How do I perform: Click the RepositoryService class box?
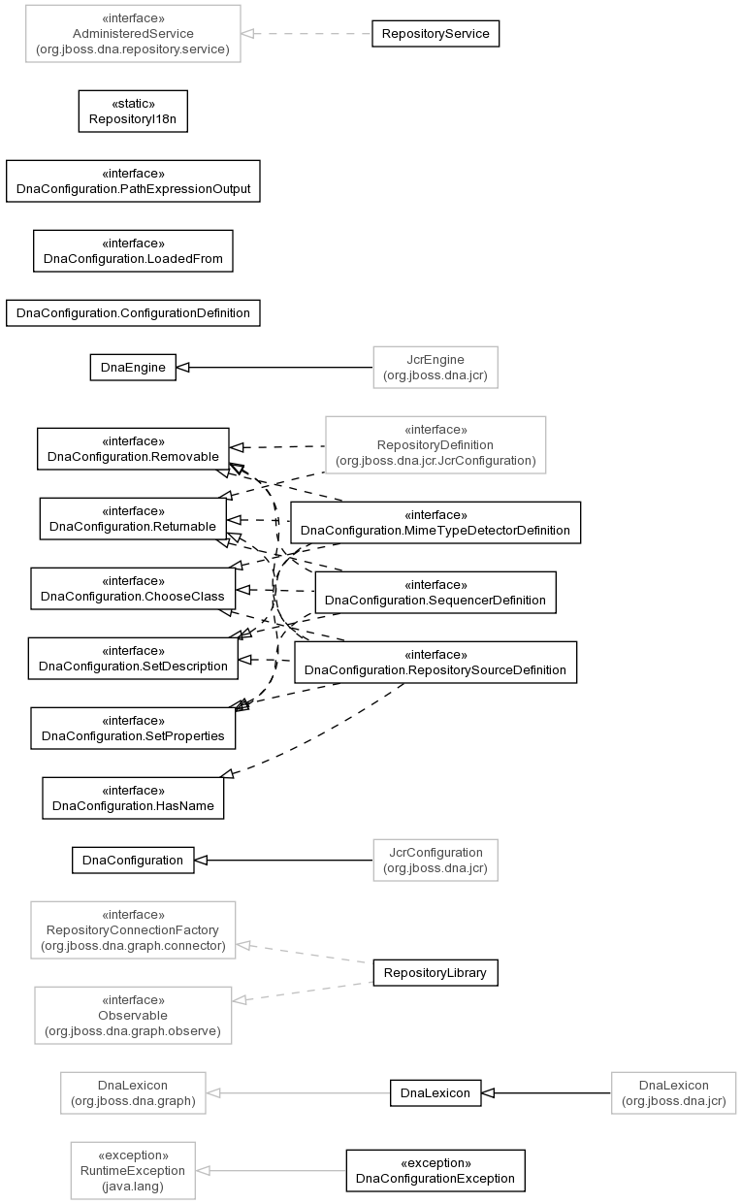point(436,33)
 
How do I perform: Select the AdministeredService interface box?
point(133,33)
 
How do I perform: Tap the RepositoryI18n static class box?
point(133,112)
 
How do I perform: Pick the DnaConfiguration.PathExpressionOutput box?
point(133,181)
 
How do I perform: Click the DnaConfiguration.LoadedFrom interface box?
point(133,251)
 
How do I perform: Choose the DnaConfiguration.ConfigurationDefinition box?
point(133,312)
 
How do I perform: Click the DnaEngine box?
point(133,367)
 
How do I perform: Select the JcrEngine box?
point(436,367)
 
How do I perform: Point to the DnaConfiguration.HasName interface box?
point(133,798)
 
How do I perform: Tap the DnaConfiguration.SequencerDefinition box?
point(436,593)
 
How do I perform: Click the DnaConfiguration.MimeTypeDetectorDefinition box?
point(436,523)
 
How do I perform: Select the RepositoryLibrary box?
point(436,972)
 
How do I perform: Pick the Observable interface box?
point(133,1016)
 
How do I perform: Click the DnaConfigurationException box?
point(436,1171)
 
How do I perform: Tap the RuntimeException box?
point(133,1171)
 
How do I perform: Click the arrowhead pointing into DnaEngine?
point(183,367)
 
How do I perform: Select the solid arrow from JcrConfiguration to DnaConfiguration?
point(283,860)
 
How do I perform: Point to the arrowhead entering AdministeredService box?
point(247,33)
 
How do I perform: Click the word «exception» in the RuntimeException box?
point(133,1155)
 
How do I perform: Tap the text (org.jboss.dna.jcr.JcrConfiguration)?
point(436,461)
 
